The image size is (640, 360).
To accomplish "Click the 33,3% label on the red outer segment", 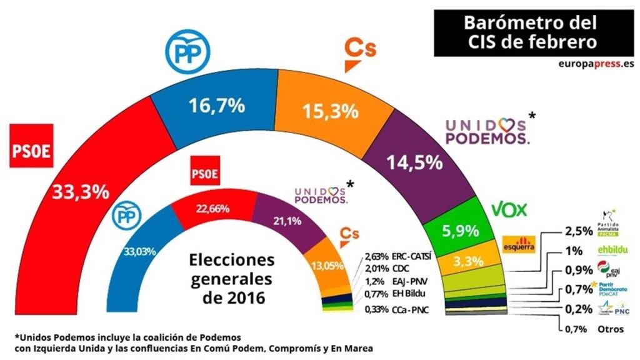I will [81, 191].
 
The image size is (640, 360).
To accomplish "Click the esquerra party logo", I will [519, 243].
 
